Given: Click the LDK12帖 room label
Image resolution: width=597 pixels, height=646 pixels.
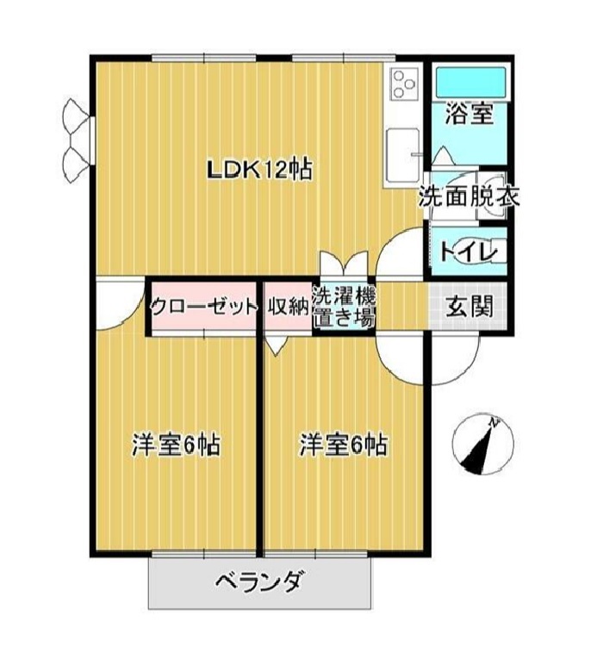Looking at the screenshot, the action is pos(259,170).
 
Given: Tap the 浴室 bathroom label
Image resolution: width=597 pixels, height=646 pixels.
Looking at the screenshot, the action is pos(470,114).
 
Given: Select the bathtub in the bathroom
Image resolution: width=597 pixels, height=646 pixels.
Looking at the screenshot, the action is pos(470,83).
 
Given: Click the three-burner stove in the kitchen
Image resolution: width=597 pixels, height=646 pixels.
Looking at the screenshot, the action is pos(404,84).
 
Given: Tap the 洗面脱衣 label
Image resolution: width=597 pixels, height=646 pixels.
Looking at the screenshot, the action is pos(469,196).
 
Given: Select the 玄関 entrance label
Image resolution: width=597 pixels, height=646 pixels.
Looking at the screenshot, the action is pos(470,306).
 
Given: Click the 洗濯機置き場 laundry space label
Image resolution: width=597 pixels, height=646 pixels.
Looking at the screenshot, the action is pos(344,306).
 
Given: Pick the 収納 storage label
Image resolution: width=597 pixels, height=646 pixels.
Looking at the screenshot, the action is pos(289,306).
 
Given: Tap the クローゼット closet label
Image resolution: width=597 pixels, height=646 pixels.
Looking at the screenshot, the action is pos(204,307).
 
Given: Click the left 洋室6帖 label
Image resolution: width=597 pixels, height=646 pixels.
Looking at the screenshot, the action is pos(176,444).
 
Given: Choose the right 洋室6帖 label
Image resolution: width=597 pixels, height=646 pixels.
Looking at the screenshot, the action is pos(344,444).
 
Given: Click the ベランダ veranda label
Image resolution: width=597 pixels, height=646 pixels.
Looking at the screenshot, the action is pos(260,582).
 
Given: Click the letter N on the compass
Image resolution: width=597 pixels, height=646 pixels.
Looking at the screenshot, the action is pos(494,422).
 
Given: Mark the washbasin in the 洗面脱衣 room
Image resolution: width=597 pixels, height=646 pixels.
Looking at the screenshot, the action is pos(492,196).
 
